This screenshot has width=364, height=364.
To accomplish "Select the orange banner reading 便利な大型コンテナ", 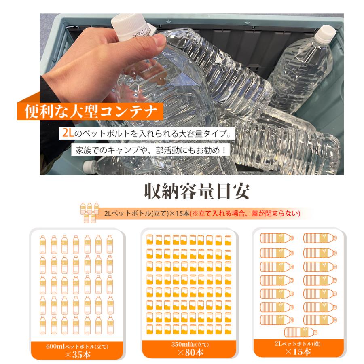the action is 90,112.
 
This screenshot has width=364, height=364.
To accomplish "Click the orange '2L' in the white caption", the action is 68,133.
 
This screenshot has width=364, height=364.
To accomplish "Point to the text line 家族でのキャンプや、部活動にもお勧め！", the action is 151,150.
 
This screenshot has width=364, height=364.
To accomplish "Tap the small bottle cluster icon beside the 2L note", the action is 90,212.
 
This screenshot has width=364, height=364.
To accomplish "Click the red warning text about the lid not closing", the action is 245,213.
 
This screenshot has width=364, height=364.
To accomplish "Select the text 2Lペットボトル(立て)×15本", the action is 147,213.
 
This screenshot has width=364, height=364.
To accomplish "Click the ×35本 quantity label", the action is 78,354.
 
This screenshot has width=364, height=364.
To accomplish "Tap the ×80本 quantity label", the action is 190,352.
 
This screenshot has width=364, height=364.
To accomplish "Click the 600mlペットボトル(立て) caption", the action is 77,347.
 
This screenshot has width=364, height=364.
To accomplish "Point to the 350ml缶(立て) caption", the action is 190,344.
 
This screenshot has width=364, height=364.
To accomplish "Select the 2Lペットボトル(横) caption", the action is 298,343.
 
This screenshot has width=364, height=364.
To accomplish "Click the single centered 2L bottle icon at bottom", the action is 301,332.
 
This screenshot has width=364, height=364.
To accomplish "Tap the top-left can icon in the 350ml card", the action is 150,239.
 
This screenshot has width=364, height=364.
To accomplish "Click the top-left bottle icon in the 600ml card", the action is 43,244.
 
